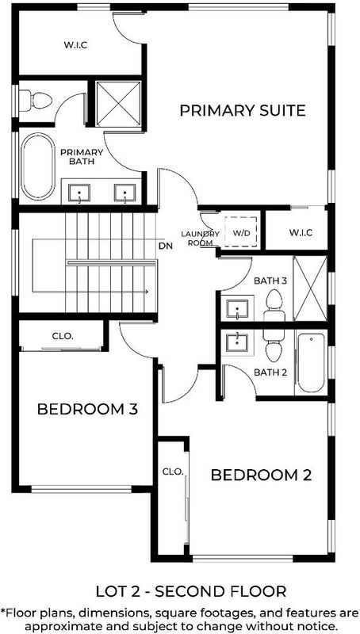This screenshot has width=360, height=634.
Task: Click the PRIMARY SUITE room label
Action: click(243, 110)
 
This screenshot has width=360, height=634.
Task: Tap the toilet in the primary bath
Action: click(36, 101)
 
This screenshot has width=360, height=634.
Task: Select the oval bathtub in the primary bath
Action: click(38, 166)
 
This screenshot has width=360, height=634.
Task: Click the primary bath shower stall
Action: click(119, 104)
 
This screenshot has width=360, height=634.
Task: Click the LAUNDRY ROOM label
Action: click(201, 239)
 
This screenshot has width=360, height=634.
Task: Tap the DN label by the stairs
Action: click(166, 245)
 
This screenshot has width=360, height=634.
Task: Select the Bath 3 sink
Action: click(236, 309)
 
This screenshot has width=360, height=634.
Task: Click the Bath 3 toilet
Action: click(274, 305)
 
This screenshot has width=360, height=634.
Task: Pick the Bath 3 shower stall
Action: click(310, 288)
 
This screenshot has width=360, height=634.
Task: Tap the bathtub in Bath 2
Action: click(311, 363)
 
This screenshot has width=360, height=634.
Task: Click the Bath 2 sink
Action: click(236, 342)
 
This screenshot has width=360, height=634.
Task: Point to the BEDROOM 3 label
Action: click(87, 409)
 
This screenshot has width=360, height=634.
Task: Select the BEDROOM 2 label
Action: click(262, 475)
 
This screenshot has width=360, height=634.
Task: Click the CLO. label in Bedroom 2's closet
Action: click(173, 472)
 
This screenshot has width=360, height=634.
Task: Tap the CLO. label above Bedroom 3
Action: click(63, 335)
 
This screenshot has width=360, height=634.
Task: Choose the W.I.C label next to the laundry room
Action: click(301, 232)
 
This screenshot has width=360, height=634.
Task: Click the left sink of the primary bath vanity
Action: click(79, 193)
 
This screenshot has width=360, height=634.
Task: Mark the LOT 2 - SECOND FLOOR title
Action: click(191, 591)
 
